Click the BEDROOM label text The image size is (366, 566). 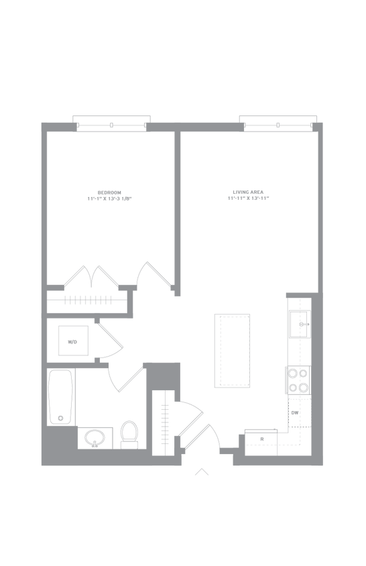[109, 192]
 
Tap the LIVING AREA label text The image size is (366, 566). [248, 192]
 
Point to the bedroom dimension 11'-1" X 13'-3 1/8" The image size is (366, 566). [109, 199]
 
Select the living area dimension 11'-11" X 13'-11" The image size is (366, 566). [248, 199]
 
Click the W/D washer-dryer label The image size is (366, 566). [72, 342]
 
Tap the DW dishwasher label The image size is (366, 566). [295, 413]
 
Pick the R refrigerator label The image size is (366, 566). [262, 439]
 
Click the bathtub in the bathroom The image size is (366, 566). [60, 397]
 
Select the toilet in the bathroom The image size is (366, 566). [129, 435]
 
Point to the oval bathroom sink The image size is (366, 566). [95, 438]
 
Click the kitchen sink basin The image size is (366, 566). [300, 324]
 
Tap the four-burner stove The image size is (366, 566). [298, 380]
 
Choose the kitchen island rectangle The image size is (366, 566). [232, 351]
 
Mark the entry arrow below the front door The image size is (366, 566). [202, 471]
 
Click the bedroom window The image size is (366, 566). [111, 123]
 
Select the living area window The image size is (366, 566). [278, 123]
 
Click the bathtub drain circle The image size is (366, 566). [60, 418]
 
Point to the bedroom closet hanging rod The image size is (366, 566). [87, 300]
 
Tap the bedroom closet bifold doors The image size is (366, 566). [92, 277]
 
